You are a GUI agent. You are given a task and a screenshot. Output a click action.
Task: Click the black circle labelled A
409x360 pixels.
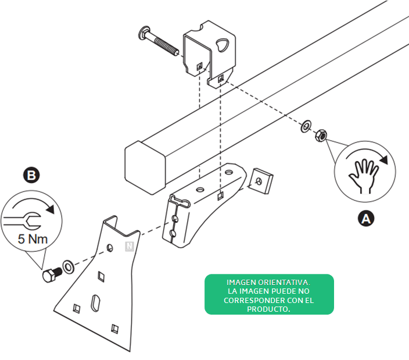click(x=365, y=218)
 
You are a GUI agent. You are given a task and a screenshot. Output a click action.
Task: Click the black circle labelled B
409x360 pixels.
click(x=31, y=175)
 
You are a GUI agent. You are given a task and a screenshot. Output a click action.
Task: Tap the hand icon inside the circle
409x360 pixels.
click(x=364, y=176)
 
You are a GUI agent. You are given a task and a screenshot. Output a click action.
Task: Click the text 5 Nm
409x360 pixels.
click(x=33, y=239)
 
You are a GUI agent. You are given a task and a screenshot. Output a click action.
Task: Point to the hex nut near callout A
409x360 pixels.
click(x=321, y=136)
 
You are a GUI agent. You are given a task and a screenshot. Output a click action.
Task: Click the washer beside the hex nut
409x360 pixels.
click(x=306, y=126)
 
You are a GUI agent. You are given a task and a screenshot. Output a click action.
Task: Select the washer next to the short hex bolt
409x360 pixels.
click(x=69, y=267)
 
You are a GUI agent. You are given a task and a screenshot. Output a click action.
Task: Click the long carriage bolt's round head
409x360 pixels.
click(x=144, y=33)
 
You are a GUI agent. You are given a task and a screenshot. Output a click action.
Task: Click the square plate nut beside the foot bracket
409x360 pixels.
click(x=261, y=181)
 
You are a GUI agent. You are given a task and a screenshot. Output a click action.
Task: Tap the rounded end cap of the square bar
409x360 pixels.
click(x=145, y=167)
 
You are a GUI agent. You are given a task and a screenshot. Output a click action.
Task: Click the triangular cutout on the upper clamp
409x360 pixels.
click(x=222, y=45)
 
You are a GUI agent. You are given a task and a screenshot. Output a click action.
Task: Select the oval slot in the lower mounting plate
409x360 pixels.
click(x=95, y=303)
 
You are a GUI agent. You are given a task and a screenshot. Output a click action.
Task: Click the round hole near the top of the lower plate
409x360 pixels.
click(x=110, y=248)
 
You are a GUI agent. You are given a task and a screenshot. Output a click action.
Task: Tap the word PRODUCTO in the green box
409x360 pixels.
click(x=268, y=309)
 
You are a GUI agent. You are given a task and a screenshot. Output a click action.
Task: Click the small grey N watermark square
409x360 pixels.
click(x=130, y=246)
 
